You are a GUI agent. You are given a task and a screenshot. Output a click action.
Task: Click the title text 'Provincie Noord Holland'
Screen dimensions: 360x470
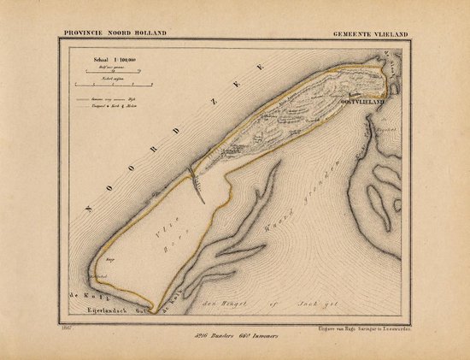[114, 32]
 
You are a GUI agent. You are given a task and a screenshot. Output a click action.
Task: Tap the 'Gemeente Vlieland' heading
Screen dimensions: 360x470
[371, 32]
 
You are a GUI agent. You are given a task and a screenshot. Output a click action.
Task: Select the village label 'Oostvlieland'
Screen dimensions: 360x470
[363, 100]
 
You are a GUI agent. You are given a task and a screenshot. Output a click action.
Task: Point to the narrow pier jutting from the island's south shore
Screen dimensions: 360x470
[200, 191]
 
